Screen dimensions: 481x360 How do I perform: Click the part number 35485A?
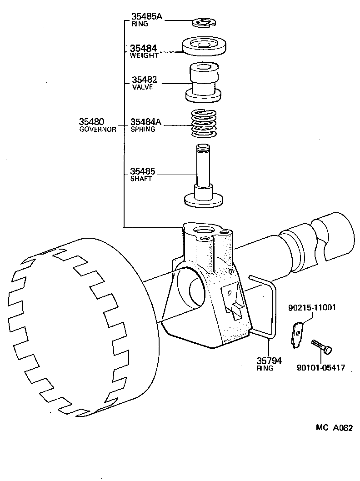(146, 17)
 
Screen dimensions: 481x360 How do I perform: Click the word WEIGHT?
(144, 55)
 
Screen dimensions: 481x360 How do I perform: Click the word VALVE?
(142, 87)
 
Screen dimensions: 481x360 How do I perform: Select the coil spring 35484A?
(204, 124)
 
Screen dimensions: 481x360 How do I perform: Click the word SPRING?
(143, 129)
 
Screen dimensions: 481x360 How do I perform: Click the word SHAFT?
(141, 179)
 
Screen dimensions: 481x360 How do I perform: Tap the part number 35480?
(91, 122)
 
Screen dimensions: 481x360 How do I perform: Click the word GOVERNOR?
(98, 129)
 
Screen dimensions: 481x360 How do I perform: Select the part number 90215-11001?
(312, 307)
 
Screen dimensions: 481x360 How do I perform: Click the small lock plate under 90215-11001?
(296, 336)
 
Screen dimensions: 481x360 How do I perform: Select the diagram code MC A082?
(334, 428)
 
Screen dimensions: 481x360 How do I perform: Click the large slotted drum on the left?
(68, 327)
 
